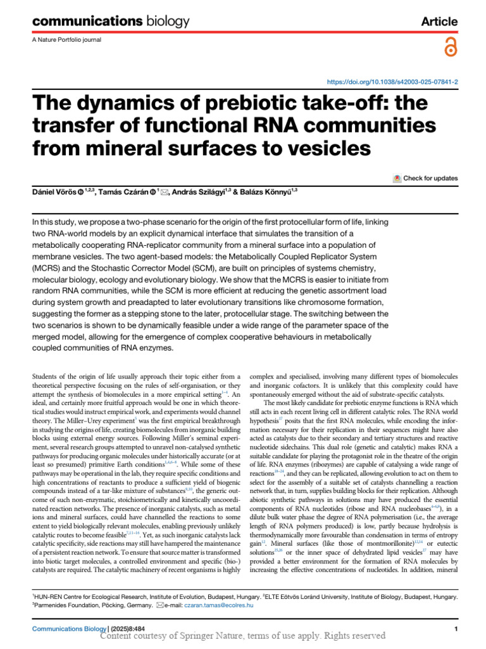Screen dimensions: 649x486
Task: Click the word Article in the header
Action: (439, 22)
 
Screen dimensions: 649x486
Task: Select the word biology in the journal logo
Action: (160, 22)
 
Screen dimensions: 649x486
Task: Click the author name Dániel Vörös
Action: (55, 193)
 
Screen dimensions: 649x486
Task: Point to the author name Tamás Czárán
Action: (122, 193)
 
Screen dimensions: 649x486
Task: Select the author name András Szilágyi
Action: (197, 193)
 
